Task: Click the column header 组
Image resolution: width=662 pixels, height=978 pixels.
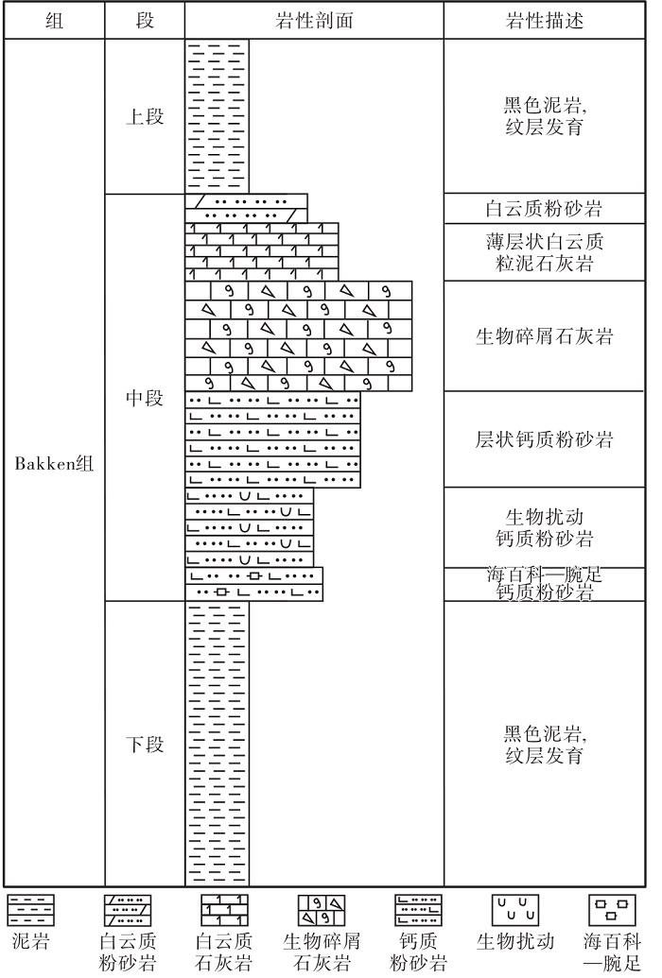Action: [54, 21]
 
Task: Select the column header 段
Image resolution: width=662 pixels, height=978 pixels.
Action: [145, 21]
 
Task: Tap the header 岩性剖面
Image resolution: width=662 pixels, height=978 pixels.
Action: [314, 21]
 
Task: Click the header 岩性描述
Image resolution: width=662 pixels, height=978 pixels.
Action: [544, 21]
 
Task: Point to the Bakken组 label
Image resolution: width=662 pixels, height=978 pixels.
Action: [54, 463]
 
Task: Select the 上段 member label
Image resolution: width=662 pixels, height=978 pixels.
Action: [145, 116]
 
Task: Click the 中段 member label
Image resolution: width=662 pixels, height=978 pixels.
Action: [145, 397]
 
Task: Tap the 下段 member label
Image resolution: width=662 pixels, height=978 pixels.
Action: [145, 744]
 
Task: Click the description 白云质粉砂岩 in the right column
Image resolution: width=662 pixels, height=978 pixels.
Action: [544, 208]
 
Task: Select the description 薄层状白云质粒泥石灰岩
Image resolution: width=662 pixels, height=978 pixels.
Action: [544, 252]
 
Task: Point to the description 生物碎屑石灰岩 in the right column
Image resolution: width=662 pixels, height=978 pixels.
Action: [544, 336]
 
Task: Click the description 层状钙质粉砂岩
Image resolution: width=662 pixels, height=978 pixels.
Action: [544, 439]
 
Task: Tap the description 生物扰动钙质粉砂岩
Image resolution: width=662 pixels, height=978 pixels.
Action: [544, 527]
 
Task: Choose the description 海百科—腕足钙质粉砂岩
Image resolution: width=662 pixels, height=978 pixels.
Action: [544, 583]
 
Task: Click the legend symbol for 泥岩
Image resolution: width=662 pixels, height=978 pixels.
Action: [30, 911]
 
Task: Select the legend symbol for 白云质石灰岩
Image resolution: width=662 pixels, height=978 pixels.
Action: [224, 911]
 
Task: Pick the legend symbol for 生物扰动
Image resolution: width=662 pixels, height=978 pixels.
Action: [515, 911]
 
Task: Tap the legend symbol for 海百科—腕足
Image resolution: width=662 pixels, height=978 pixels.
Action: [612, 911]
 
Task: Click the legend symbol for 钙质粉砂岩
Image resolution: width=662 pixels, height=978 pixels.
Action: [418, 911]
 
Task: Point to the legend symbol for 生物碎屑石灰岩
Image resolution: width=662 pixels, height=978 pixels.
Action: [321, 911]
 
